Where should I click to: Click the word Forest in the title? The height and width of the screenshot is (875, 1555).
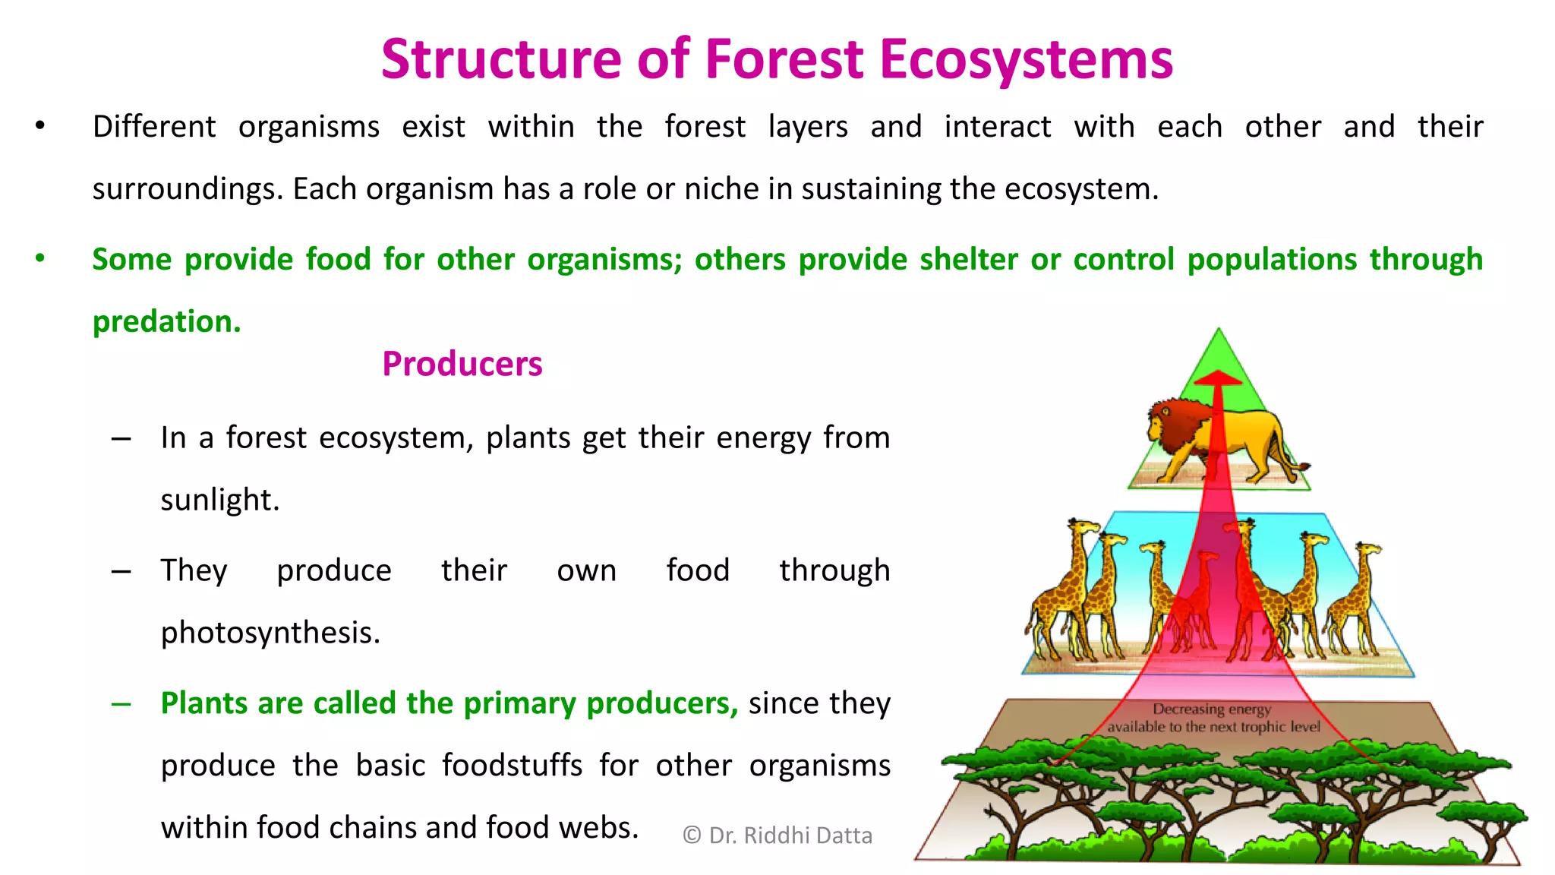[x=784, y=59]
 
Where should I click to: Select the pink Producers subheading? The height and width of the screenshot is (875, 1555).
[x=462, y=364]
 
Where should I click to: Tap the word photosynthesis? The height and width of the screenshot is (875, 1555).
[x=270, y=633]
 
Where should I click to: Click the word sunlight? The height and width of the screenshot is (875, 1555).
[x=219, y=500]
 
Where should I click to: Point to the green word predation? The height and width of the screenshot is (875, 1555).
[x=166, y=322]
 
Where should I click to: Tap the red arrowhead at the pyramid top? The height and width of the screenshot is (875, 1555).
[x=1218, y=377]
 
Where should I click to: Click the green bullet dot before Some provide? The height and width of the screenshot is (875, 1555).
[x=40, y=258]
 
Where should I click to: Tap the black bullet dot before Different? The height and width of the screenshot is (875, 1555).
[x=40, y=126]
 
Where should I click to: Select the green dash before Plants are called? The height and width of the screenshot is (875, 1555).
[x=121, y=704]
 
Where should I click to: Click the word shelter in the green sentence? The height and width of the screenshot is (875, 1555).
[x=968, y=260]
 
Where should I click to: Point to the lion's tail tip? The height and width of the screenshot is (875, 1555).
[x=1304, y=466]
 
